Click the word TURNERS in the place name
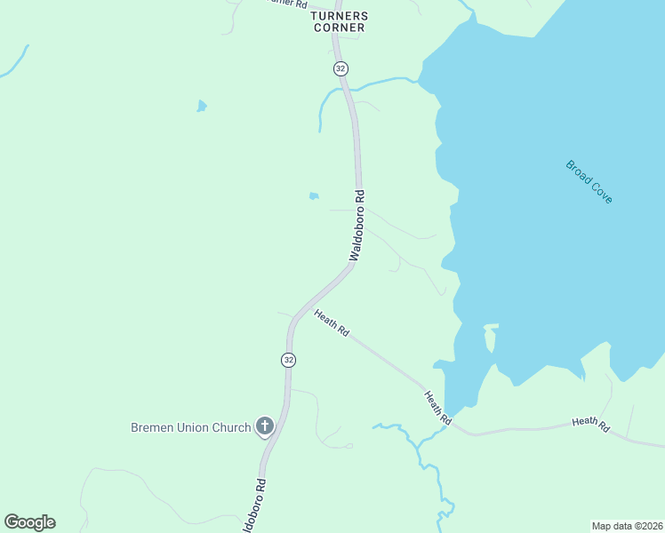[338, 16]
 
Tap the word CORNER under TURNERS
[338, 28]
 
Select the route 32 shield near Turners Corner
[341, 68]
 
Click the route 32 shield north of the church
[288, 360]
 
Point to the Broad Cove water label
[589, 181]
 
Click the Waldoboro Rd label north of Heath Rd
[357, 226]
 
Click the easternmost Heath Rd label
[590, 426]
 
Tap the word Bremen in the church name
[153, 427]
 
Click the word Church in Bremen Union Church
[231, 427]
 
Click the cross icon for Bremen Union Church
[264, 427]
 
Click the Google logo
[29, 522]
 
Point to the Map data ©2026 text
[627, 526]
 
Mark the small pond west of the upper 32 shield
[202, 107]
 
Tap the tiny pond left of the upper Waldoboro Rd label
[313, 195]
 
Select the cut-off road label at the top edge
[286, 4]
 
